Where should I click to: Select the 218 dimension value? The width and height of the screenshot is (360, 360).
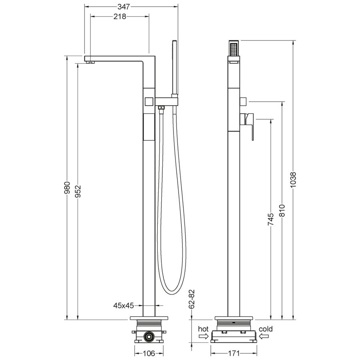[120, 16]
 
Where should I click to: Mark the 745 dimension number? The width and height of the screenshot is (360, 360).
[271, 219]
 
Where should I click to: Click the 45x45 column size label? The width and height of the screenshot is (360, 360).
[123, 306]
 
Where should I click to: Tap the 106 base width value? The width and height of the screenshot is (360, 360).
[149, 353]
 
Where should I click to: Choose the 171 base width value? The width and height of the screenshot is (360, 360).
[234, 353]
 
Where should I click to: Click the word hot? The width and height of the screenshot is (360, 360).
[204, 329]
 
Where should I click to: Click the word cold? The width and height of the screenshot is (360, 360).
[266, 329]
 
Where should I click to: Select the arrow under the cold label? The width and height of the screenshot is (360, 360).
[264, 337]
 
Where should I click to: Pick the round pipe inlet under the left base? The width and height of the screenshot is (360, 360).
[149, 337]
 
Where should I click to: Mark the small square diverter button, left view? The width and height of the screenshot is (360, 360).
[149, 101]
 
